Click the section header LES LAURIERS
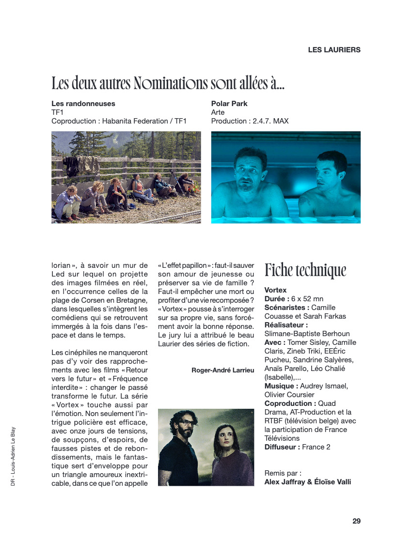coord(334,49)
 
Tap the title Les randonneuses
coord(83,104)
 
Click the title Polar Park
coord(229,104)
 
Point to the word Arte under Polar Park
coord(218,112)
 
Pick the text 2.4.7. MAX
coord(270,121)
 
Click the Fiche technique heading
coord(305,270)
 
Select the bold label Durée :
coord(277,299)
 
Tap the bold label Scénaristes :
coord(286,308)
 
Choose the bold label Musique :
coord(281,386)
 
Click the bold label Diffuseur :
coord(282,447)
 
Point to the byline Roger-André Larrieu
coord(223,371)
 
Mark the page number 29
coord(356,521)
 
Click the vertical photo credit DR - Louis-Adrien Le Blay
coord(13,457)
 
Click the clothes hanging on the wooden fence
coord(80,165)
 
